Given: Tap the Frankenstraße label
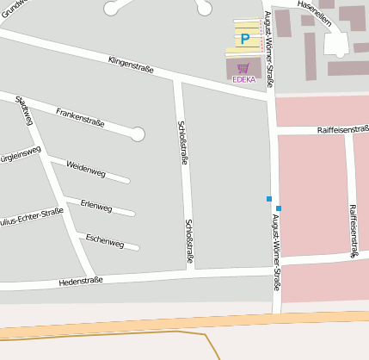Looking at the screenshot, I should (x=80, y=117).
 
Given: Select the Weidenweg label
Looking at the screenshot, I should (x=85, y=169).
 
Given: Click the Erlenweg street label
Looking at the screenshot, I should (x=95, y=207).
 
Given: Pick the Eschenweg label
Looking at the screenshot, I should (x=105, y=240).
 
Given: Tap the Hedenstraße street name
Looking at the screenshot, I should (x=81, y=281).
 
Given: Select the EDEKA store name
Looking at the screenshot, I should (x=244, y=79).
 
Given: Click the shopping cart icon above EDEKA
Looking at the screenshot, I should (x=244, y=67).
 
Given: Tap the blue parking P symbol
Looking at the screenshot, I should (x=245, y=39).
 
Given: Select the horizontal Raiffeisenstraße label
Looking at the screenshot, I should (x=343, y=129).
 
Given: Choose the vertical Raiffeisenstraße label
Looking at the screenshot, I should (x=353, y=232).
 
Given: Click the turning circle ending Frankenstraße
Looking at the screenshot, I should (x=138, y=133).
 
